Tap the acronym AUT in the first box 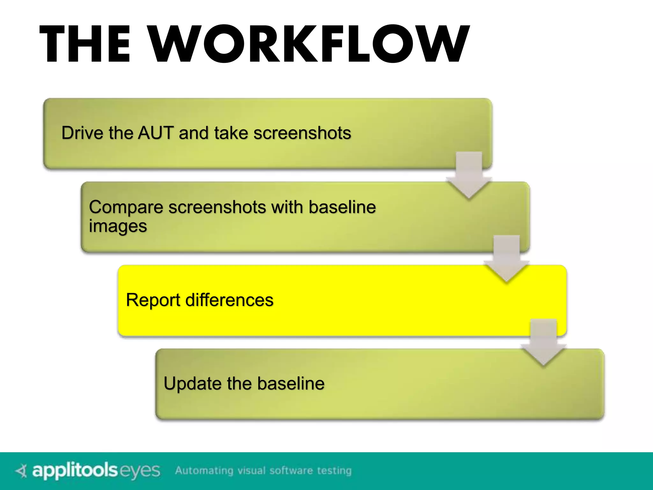[155, 133]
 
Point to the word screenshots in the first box [302, 133]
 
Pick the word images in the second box [118, 226]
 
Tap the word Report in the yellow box [153, 300]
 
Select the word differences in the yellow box [229, 300]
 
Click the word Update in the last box [192, 383]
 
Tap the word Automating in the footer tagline [204, 471]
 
